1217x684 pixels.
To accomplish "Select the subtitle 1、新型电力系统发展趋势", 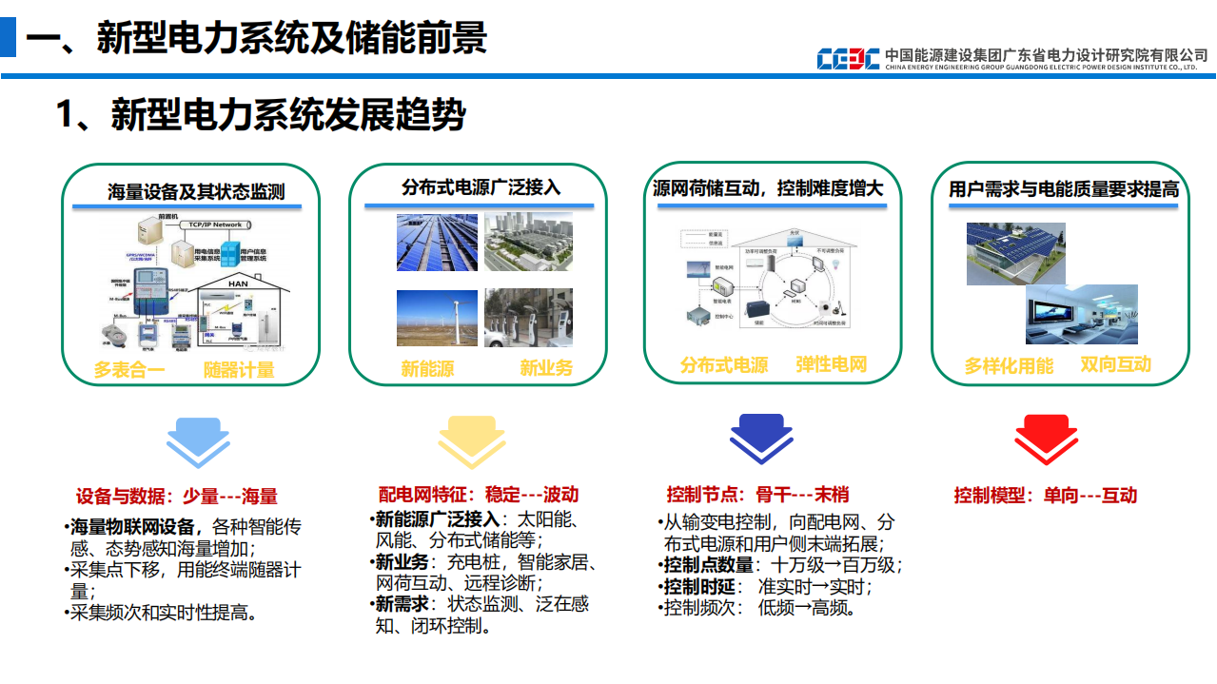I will point(261,115).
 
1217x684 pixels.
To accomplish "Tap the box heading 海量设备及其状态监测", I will point(195,192).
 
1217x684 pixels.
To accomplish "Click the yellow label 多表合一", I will point(129,370).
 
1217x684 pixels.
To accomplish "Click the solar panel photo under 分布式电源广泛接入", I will point(437,243).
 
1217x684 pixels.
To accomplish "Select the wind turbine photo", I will point(437,318).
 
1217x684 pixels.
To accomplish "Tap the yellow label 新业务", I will point(545,368).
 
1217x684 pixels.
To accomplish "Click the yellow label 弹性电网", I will point(831,364).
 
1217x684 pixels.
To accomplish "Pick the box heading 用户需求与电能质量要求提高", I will point(1063,189).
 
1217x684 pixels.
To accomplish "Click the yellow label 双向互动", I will point(1115,364).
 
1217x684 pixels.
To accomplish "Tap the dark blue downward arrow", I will point(761,440).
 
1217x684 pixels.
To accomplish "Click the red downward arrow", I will point(1046,440).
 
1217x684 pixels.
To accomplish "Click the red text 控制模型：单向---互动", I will point(1045,496).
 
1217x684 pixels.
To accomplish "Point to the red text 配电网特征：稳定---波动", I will point(478,495).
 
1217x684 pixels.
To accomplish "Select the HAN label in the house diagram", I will point(237,283).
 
